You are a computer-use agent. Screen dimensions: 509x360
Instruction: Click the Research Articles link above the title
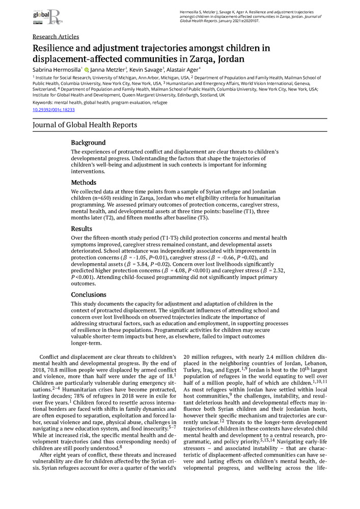click(x=56, y=37)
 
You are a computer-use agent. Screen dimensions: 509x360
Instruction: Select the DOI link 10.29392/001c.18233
click(x=53, y=109)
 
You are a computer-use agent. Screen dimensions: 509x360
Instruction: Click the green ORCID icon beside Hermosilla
click(x=87, y=70)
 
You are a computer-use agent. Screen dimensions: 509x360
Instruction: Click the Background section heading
click(x=88, y=143)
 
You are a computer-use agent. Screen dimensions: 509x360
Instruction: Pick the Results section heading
click(x=81, y=229)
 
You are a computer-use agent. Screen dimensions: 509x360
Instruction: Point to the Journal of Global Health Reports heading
click(x=85, y=125)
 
